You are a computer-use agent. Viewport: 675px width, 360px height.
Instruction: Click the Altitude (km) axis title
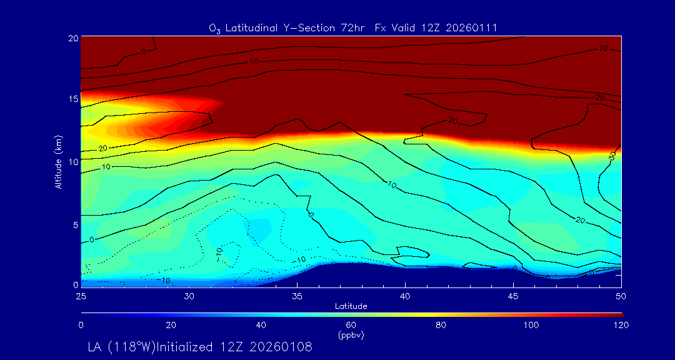(x=58, y=161)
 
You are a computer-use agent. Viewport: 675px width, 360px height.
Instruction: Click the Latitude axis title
(x=351, y=306)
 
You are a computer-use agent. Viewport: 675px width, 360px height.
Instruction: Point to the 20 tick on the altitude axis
(x=72, y=38)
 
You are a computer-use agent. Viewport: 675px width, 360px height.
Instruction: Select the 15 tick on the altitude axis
(x=72, y=99)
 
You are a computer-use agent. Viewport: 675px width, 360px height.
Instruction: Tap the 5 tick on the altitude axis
(x=74, y=223)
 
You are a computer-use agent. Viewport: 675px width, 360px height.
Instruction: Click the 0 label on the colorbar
(x=81, y=325)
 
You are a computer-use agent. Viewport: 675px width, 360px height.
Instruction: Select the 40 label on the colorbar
(x=261, y=325)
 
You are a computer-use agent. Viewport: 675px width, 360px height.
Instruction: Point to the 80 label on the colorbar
(x=442, y=325)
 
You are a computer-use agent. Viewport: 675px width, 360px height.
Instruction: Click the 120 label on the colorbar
(x=621, y=325)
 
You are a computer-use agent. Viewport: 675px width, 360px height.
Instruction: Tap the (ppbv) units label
(x=351, y=335)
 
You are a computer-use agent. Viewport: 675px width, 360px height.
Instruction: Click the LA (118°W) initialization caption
(x=200, y=346)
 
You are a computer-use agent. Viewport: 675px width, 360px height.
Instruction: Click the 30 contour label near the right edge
(x=611, y=156)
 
